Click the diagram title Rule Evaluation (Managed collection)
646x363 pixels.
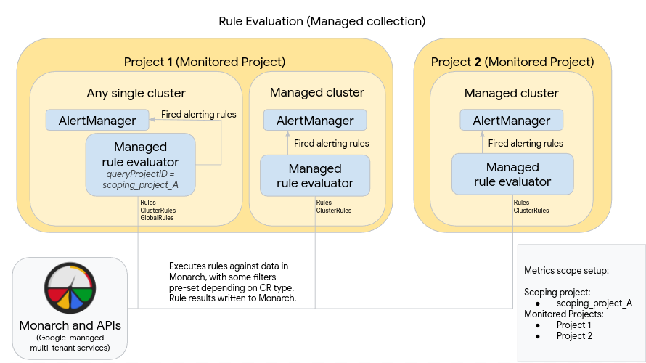pos(322,21)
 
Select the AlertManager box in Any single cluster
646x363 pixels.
pos(91,121)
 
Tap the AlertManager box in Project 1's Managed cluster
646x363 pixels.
pos(314,121)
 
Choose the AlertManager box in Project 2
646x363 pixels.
pos(511,121)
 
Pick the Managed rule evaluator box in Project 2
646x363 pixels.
pos(512,174)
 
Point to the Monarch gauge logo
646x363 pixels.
pos(70,287)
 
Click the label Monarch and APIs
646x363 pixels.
pos(70,325)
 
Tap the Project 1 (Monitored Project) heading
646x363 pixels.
pos(205,62)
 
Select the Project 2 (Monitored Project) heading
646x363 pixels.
pos(512,62)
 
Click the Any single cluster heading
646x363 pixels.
pos(136,93)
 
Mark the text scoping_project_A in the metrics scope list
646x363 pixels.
pos(594,303)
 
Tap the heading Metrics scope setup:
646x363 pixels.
pos(566,270)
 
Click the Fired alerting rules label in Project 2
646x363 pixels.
pos(526,144)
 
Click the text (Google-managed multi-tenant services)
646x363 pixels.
pos(70,343)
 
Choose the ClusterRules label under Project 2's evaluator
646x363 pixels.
pos(531,211)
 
